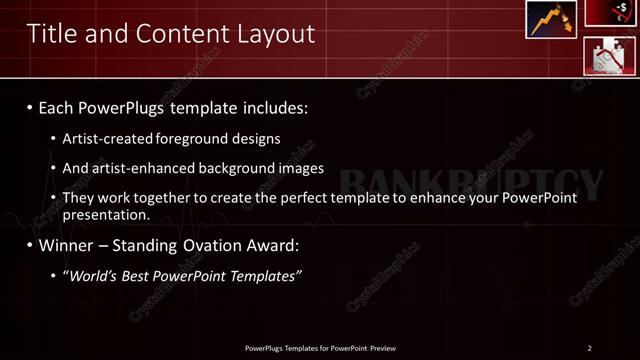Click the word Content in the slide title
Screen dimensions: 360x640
coord(178,34)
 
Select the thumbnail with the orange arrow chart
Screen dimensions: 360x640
coord(551,20)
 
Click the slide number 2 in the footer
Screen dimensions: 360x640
coord(589,348)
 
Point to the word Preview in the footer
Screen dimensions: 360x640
coord(390,348)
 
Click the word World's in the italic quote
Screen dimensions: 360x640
coord(95,275)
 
